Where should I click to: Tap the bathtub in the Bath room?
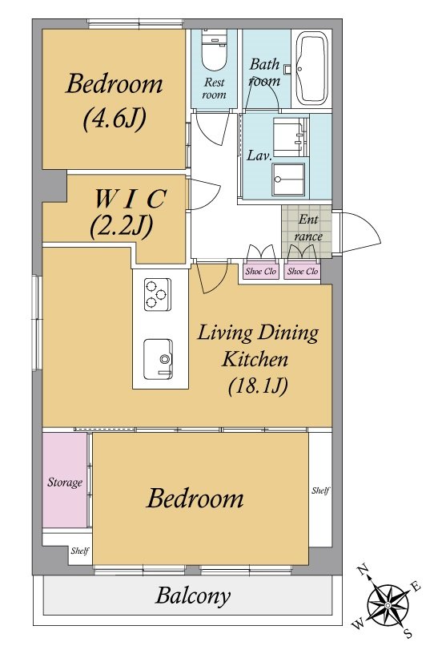pyautogui.click(x=311, y=67)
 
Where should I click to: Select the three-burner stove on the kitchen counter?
pyautogui.click(x=157, y=294)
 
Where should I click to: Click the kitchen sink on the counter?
pyautogui.click(x=158, y=359)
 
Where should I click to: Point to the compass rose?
pyautogui.click(x=388, y=604)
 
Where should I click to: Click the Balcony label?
pyautogui.click(x=193, y=595)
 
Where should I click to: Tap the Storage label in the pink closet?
pyautogui.click(x=65, y=482)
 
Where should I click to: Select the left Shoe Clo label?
pyautogui.click(x=260, y=271)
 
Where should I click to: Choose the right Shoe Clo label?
pyautogui.click(x=302, y=271)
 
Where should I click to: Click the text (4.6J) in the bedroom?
pyautogui.click(x=115, y=119)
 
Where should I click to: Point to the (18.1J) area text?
pyautogui.click(x=258, y=386)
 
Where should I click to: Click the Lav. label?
pyautogui.click(x=259, y=155)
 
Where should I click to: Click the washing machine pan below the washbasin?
pyautogui.click(x=288, y=180)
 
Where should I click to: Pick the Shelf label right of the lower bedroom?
pyautogui.click(x=320, y=490)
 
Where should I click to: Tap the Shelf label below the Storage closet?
pyautogui.click(x=79, y=551)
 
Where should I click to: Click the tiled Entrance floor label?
pyautogui.click(x=308, y=228)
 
